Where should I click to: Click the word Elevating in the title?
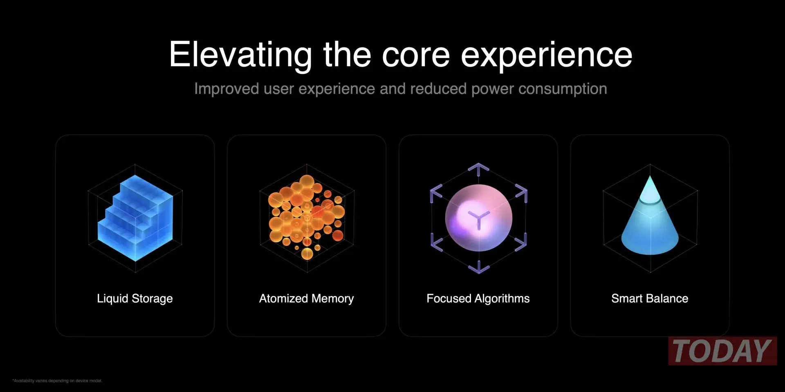point(241,55)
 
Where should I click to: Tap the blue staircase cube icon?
point(135,218)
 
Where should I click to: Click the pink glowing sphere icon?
point(478,218)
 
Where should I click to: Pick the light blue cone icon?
point(650,216)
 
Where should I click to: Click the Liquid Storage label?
point(135,298)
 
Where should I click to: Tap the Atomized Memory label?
point(307,298)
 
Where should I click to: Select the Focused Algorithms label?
point(478,298)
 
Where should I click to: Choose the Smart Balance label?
point(650,298)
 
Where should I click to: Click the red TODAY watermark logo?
point(722,351)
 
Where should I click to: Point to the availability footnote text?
point(57,381)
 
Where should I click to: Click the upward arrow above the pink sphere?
point(478,169)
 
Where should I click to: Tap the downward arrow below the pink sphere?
point(479,267)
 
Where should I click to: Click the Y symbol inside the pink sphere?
point(478,219)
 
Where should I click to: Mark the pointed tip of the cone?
point(650,176)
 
